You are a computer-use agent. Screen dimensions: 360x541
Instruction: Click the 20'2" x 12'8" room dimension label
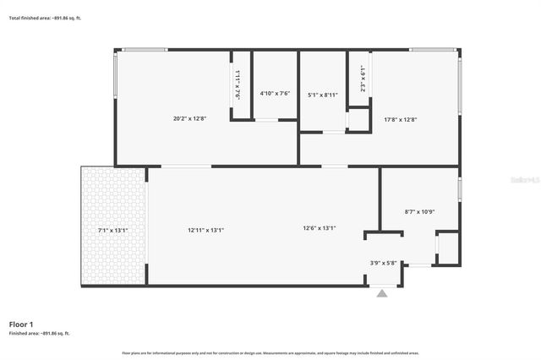(190, 119)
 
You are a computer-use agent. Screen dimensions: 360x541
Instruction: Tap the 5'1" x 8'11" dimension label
(323, 95)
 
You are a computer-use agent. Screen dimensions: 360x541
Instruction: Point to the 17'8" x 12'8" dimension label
(401, 119)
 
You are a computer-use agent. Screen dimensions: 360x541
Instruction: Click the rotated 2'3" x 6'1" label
(361, 78)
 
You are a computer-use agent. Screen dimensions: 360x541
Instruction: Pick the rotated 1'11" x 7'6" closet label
(238, 85)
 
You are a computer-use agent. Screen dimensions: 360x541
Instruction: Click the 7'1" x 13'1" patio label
(113, 229)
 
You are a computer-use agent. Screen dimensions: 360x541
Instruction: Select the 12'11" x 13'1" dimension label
(205, 229)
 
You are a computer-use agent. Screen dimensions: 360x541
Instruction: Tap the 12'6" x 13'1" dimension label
(320, 227)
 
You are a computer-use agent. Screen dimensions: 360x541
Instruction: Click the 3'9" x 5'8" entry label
(383, 263)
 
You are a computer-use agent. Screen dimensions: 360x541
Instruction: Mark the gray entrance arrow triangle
(382, 293)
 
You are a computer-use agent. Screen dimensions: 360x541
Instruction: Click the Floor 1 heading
(21, 325)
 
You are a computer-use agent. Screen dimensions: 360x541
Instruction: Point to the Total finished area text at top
(40, 17)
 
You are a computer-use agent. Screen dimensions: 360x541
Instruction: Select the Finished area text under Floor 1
(39, 334)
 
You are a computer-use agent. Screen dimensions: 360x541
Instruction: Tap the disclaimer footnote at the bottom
(270, 352)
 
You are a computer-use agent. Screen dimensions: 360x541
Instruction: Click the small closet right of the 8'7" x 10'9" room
(448, 248)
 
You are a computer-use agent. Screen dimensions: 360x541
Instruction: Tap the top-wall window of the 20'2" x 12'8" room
(144, 50)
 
